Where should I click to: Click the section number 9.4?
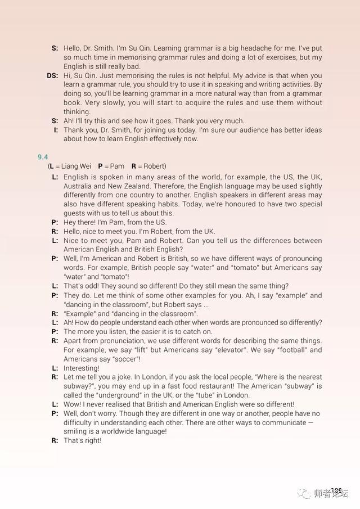click(x=43, y=156)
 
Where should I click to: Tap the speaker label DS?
click(x=52, y=75)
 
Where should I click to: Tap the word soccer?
click(x=125, y=359)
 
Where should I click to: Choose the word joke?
click(x=121, y=377)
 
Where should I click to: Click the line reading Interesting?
click(x=82, y=368)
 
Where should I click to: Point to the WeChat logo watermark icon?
click(x=305, y=493)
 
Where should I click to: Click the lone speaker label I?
click(x=56, y=130)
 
